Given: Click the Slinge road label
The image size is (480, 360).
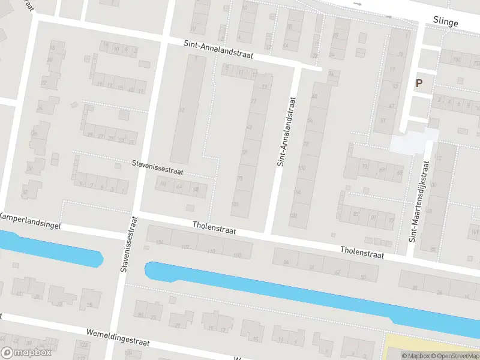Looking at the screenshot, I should [x=445, y=22].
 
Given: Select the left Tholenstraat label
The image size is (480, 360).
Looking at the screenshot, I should [x=214, y=229].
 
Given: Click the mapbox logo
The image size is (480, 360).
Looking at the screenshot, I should [x=25, y=353].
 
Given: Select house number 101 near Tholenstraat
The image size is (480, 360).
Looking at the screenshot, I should [x=235, y=205].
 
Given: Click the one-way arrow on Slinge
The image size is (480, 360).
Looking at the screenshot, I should [x=358, y=4].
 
